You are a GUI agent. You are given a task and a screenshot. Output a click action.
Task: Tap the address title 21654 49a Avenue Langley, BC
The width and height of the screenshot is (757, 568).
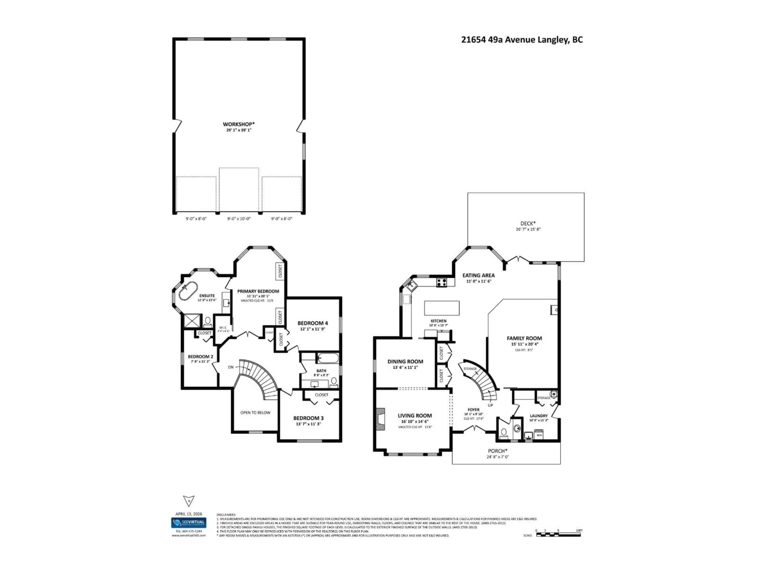[522, 40]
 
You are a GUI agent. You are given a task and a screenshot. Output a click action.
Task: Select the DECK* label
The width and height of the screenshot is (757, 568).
[528, 223]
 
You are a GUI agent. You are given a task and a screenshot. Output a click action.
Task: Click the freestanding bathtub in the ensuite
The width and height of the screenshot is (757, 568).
[188, 291]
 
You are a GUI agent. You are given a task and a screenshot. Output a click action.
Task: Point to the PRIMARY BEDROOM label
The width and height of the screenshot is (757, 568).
[258, 291]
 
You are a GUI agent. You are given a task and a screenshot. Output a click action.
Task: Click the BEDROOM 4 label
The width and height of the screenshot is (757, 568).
[312, 323]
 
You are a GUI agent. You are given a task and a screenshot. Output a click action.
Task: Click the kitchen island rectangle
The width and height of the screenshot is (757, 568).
[441, 308]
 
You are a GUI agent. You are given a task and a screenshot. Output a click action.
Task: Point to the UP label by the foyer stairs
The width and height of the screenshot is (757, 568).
[490, 405]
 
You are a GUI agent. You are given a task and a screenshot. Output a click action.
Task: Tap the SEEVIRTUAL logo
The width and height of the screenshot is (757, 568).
[189, 523]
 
